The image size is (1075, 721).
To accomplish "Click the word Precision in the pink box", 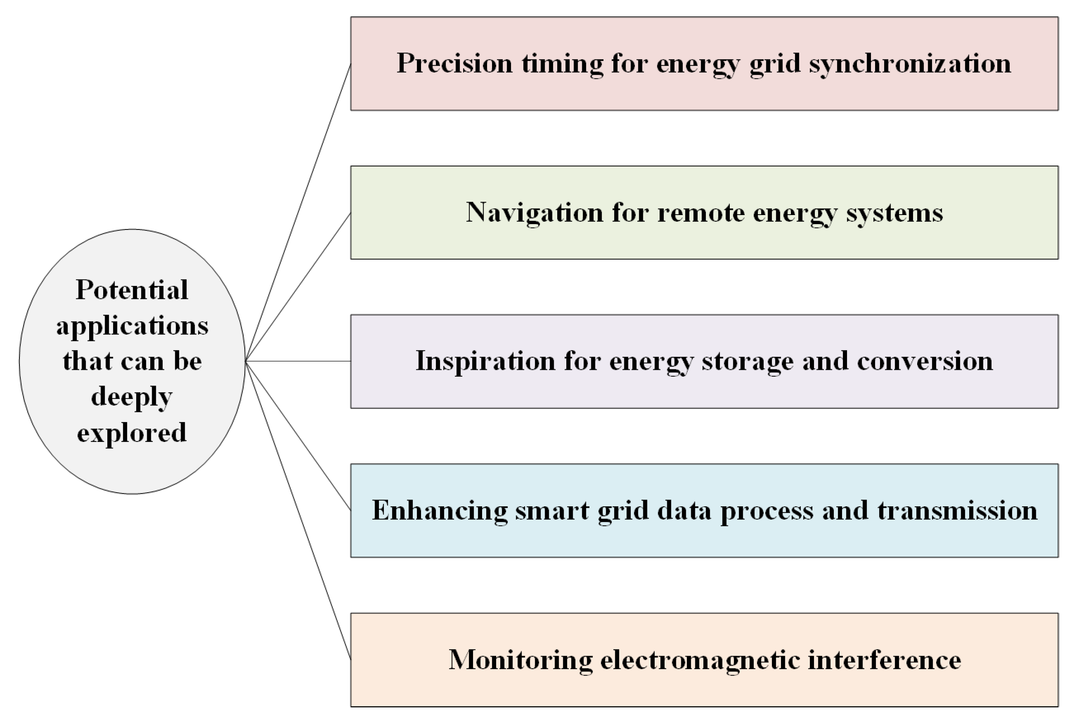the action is point(454,63).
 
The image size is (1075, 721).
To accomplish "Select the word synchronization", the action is point(910,63).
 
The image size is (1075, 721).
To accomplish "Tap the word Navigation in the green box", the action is point(534,212).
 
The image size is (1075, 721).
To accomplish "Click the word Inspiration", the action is point(486,361).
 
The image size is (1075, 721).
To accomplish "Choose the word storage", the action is point(747,361).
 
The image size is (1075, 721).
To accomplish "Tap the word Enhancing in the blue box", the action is point(440,511).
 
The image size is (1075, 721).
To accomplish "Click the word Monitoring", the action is point(520,660).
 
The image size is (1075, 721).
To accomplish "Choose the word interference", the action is point(885,660).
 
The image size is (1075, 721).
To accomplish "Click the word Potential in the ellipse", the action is point(132,290).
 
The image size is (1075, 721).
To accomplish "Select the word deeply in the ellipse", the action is point(132,397).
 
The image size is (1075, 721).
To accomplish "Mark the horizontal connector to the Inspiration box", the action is point(299,361).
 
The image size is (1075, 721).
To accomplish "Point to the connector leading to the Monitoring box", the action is point(299,511).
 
